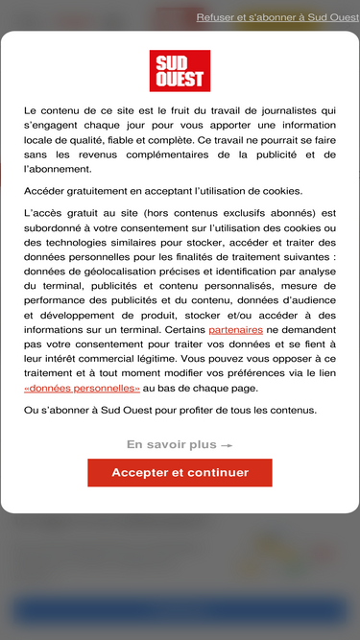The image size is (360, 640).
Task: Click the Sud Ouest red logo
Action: coord(180,71)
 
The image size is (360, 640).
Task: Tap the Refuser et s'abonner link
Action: coord(277,17)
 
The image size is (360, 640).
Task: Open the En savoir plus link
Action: coord(180,445)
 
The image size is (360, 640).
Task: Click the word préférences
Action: coord(293,373)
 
